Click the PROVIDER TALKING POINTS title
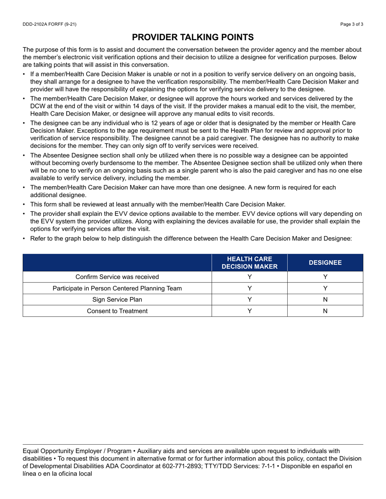point(193,37)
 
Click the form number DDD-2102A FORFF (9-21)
point(49,24)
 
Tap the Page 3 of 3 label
point(352,24)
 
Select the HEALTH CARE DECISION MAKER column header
point(249,262)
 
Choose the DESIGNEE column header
point(325,262)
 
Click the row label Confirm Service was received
point(117,277)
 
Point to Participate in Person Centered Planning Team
point(117,288)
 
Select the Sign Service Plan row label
point(117,300)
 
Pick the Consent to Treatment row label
point(117,311)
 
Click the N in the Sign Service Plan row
point(325,300)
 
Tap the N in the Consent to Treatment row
point(325,311)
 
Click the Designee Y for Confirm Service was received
point(325,277)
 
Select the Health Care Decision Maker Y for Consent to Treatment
point(249,311)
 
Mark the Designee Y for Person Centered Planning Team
point(325,288)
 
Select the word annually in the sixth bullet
point(161,204)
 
